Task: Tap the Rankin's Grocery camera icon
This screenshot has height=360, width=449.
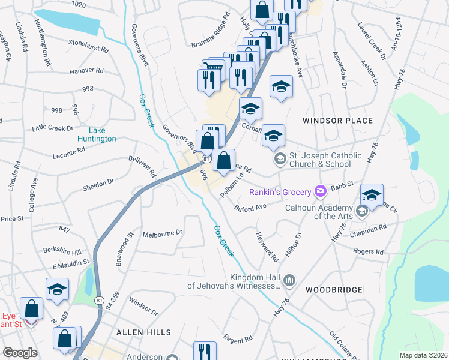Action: point(321,191)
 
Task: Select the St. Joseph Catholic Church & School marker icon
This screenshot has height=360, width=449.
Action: point(279,159)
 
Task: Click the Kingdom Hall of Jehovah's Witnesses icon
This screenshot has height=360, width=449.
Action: point(289,280)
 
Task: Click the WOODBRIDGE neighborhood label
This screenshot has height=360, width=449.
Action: point(334,290)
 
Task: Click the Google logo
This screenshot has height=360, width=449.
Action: point(20,353)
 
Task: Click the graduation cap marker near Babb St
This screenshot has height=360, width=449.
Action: point(372,196)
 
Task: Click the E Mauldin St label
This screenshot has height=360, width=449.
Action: point(70,263)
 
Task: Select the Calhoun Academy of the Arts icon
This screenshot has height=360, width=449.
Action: point(361,211)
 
